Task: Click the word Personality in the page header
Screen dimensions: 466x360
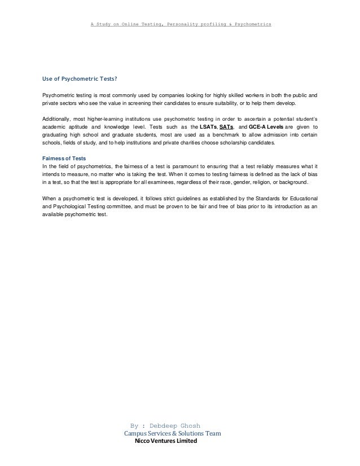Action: pos(179,25)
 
